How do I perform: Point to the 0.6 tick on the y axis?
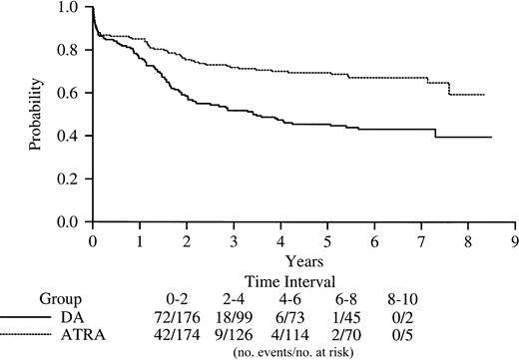click(x=88, y=93)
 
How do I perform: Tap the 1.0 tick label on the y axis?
click(x=69, y=8)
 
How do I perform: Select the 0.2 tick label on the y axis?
click(x=69, y=179)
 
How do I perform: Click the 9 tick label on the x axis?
click(x=514, y=240)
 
